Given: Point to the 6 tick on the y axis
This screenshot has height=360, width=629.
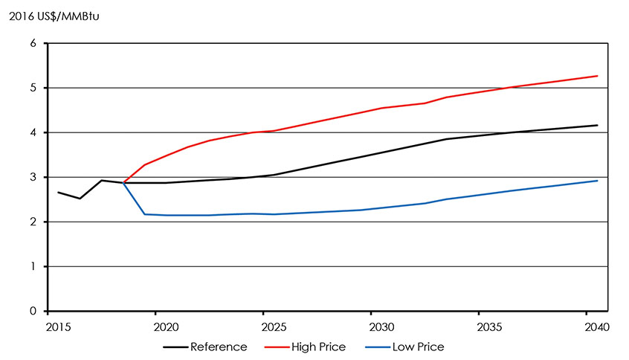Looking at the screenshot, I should point(33,44).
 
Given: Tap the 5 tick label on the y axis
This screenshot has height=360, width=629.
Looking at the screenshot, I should point(33,89).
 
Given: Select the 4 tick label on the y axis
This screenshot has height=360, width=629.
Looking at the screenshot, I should point(33,133).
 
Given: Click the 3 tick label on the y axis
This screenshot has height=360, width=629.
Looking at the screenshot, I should point(33,178).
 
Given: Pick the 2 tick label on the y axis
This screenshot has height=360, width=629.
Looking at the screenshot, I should point(33,222).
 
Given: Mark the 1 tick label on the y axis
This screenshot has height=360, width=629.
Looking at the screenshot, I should point(33,267).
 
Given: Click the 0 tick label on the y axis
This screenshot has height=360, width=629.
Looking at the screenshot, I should point(33,312).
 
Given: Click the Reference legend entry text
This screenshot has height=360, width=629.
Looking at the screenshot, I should point(219,347).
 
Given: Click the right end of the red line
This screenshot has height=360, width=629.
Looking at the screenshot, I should point(598,76).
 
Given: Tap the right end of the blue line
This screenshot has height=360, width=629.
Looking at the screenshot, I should point(598,181).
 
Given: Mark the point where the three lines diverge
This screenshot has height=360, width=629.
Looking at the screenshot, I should point(123,183).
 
